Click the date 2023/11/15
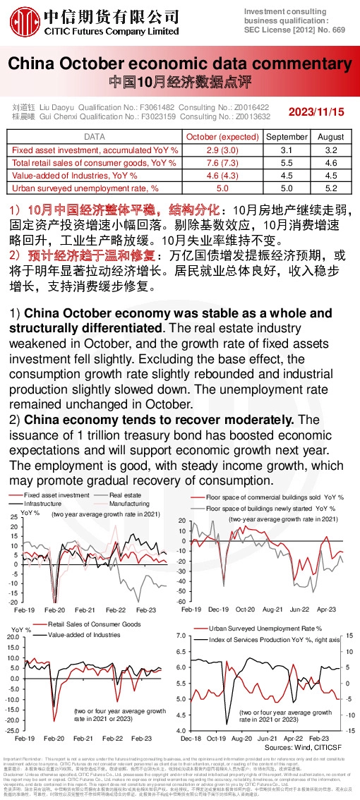click(x=316, y=111)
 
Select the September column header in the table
click(x=286, y=136)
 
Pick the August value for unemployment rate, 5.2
click(x=330, y=188)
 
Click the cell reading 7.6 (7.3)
click(x=222, y=162)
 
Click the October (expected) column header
click(x=222, y=136)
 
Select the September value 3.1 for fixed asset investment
click(x=286, y=150)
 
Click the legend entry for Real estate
click(x=124, y=495)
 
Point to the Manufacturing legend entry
click(x=129, y=504)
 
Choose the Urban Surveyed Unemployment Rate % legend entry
click(x=265, y=628)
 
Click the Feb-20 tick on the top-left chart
click(x=54, y=610)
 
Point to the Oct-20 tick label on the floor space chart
click(x=245, y=608)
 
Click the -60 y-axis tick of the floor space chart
click(x=181, y=601)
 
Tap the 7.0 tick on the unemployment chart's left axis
click(x=179, y=636)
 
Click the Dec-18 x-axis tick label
click(x=190, y=738)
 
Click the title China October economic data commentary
click(x=180, y=64)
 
